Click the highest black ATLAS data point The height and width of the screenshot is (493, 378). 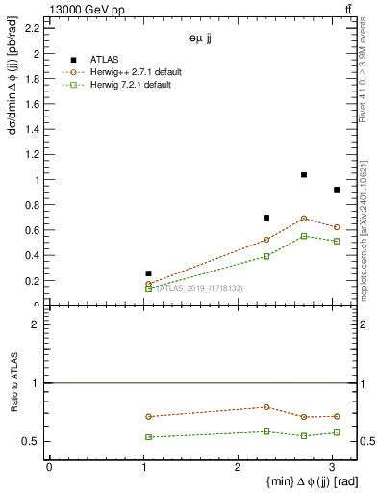304,175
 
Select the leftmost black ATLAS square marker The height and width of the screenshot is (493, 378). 148,273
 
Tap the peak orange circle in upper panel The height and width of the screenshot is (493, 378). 304,219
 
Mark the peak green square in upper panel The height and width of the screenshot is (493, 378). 304,236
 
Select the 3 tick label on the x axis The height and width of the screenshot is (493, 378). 333,467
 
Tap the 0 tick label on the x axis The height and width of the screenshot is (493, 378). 49,467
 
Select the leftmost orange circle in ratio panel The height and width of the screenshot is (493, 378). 148,417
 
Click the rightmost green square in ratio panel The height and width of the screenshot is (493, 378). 337,432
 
